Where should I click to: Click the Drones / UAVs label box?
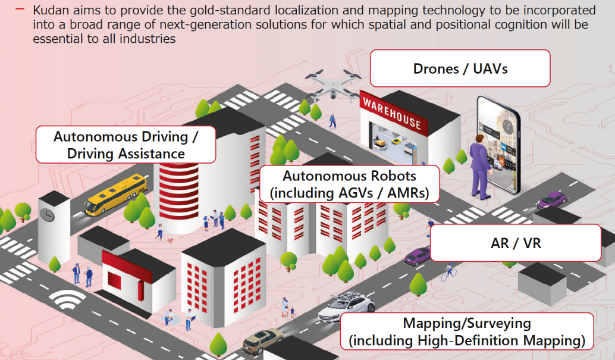pyautogui.click(x=460, y=68)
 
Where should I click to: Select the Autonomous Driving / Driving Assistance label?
pyautogui.click(x=125, y=145)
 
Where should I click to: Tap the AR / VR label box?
pyautogui.click(x=516, y=243)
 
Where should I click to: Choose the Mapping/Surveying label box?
pyautogui.click(x=467, y=331)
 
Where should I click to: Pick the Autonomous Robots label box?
pyautogui.click(x=349, y=184)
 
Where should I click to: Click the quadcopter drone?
pyautogui.click(x=333, y=84)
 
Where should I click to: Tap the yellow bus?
pyautogui.click(x=115, y=195)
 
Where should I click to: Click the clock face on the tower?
pyautogui.click(x=46, y=214)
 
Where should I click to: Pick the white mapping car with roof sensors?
pyautogui.click(x=347, y=307)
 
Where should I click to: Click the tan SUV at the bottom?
pyautogui.click(x=263, y=341)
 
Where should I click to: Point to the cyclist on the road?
pyautogui.click(x=448, y=272)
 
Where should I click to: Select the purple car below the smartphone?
pyautogui.click(x=551, y=199)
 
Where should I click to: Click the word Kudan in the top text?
pyautogui.click(x=51, y=10)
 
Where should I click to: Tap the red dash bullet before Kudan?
pyautogui.click(x=20, y=9)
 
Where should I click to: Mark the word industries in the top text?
pyautogui.click(x=148, y=39)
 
